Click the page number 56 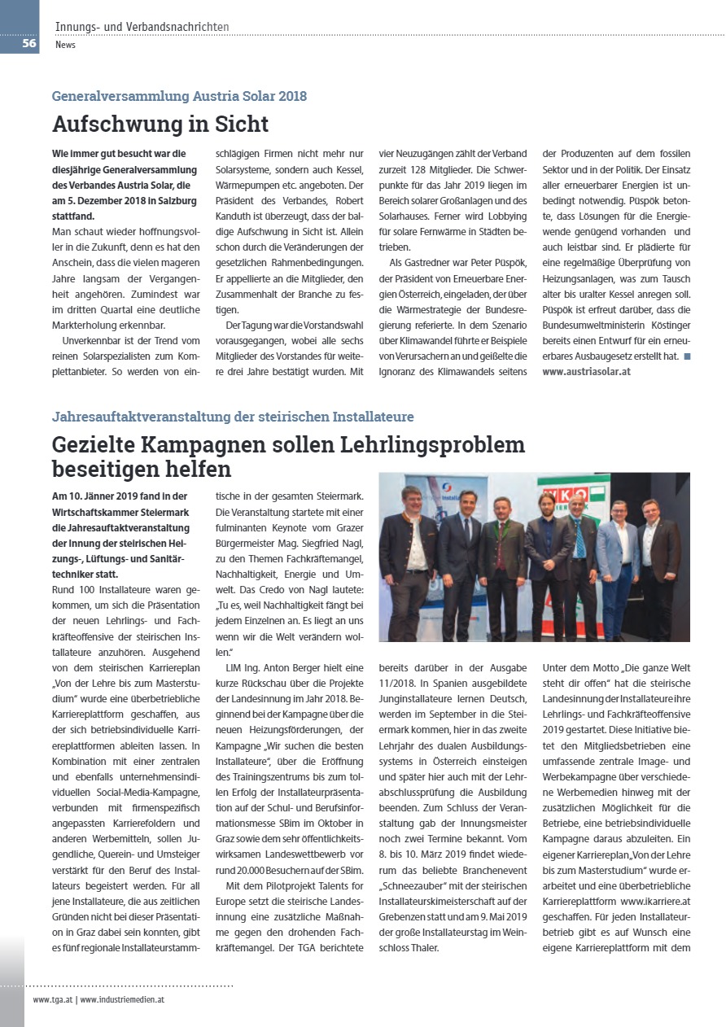[x=29, y=44]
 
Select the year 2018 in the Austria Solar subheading [x=291, y=96]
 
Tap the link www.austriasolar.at [x=586, y=371]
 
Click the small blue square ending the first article [x=687, y=356]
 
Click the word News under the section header [x=65, y=45]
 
